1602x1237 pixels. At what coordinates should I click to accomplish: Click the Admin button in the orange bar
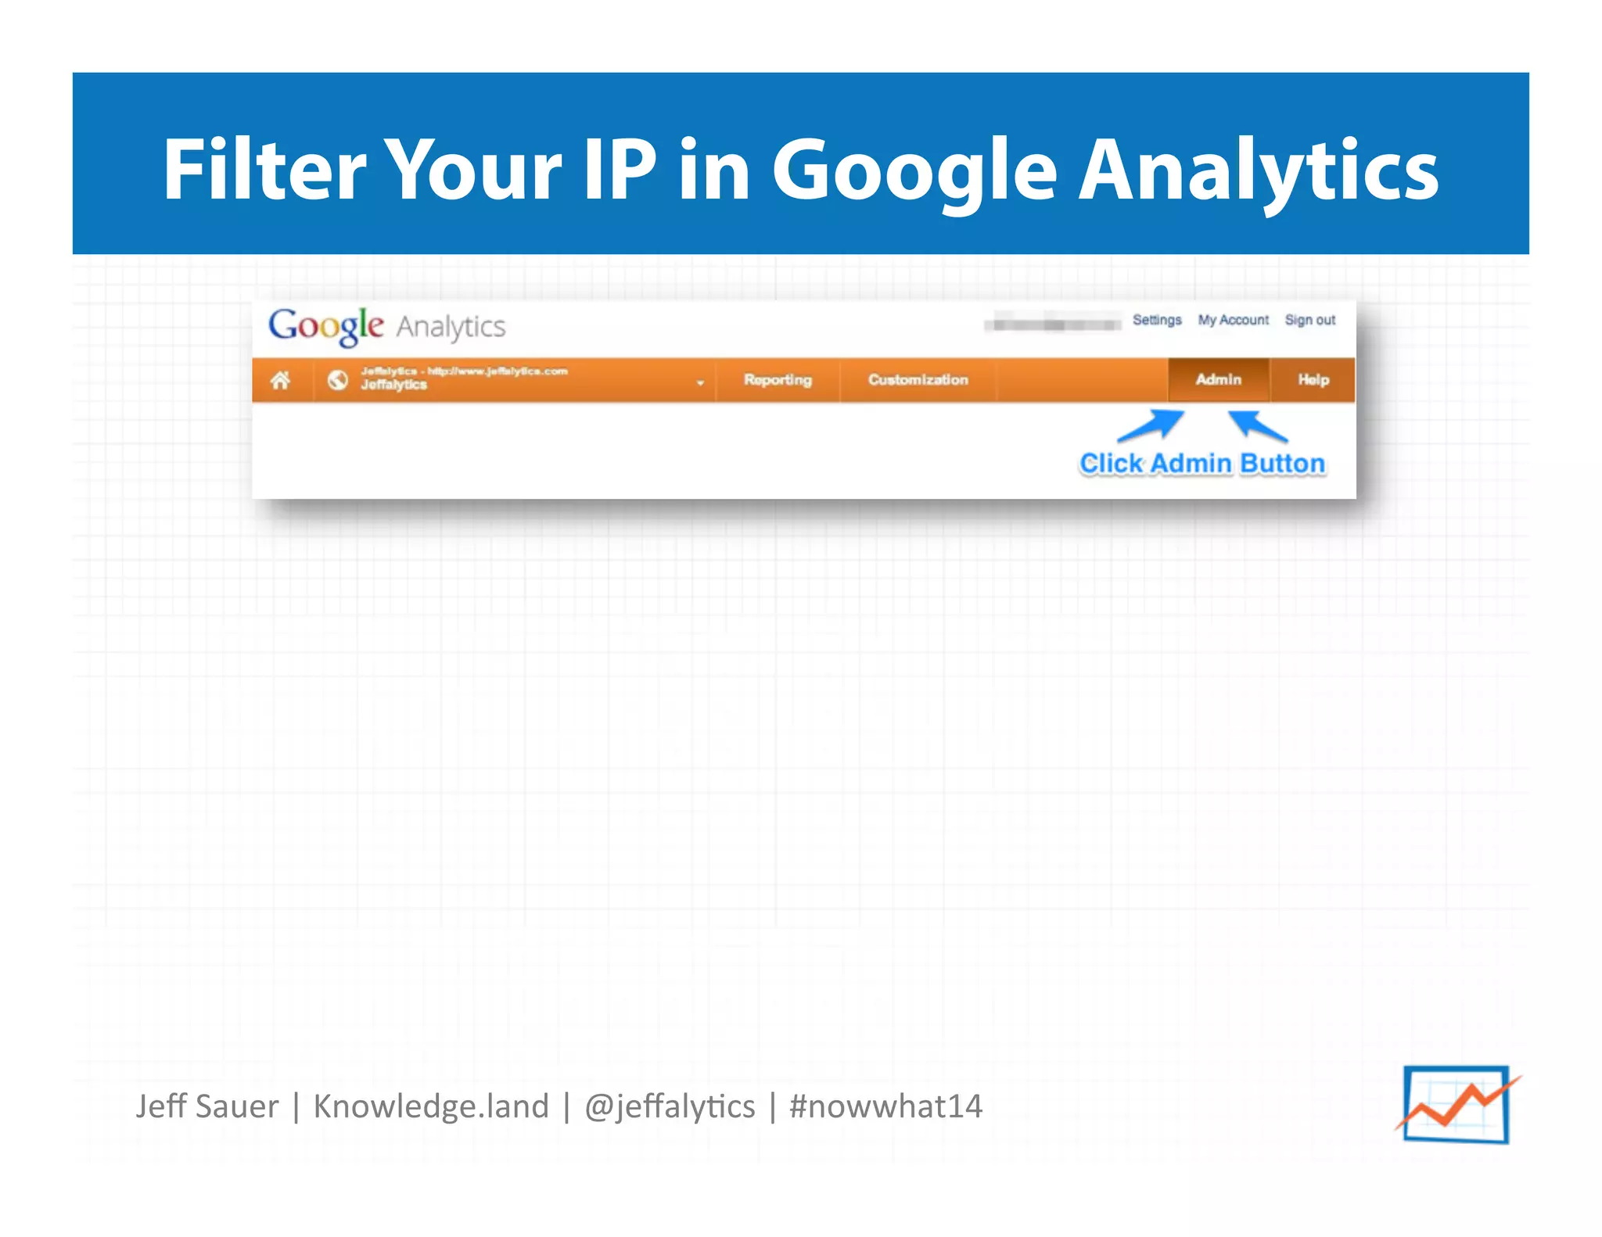tap(1218, 380)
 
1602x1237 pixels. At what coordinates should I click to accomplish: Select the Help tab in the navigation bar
tap(1313, 380)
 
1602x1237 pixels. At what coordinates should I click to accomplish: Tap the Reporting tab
tap(778, 380)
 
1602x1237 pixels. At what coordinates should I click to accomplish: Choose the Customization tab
tap(918, 380)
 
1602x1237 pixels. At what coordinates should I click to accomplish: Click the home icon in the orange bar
tap(280, 380)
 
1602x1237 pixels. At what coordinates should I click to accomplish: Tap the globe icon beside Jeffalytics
tap(338, 380)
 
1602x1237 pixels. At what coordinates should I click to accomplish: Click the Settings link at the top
tap(1157, 320)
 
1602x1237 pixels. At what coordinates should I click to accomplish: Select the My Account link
tap(1233, 320)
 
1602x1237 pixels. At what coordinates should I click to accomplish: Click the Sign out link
tap(1309, 320)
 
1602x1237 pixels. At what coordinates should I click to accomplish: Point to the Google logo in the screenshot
tap(325, 326)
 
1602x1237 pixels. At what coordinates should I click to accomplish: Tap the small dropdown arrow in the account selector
tap(700, 382)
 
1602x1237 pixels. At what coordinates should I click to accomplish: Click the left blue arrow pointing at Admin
tap(1150, 426)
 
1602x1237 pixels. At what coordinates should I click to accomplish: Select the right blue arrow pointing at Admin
tap(1257, 426)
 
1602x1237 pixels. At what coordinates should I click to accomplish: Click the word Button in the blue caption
tap(1282, 464)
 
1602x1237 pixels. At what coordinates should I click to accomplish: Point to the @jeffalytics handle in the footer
tap(670, 1106)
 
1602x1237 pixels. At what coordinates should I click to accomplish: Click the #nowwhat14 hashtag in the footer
tap(885, 1106)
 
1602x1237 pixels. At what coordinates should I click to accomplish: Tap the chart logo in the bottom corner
tap(1457, 1104)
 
